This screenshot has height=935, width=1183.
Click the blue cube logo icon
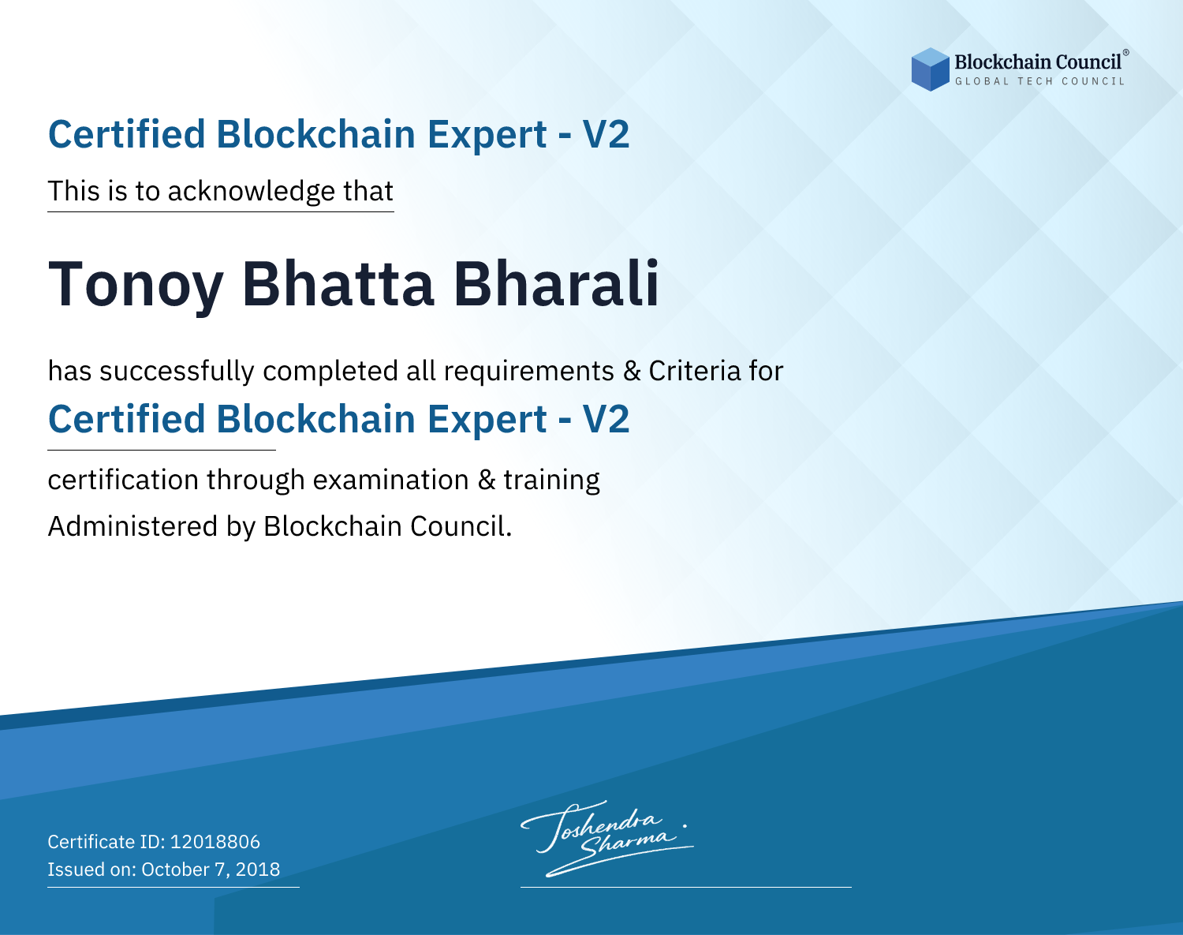[x=930, y=69]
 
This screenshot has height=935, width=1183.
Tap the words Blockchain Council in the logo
[x=1038, y=62]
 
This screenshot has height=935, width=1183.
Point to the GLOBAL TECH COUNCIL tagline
[x=1040, y=81]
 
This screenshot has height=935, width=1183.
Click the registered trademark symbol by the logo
[x=1126, y=53]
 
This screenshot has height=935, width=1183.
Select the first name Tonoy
[x=136, y=285]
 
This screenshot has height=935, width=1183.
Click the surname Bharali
[x=556, y=283]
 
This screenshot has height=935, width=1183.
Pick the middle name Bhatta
[x=338, y=284]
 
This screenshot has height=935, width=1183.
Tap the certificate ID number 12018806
[x=215, y=841]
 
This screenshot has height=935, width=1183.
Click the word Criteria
[x=694, y=371]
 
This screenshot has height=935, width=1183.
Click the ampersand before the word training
[x=487, y=480]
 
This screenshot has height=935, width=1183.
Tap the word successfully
[x=177, y=372]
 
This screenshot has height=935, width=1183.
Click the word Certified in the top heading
[x=126, y=134]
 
